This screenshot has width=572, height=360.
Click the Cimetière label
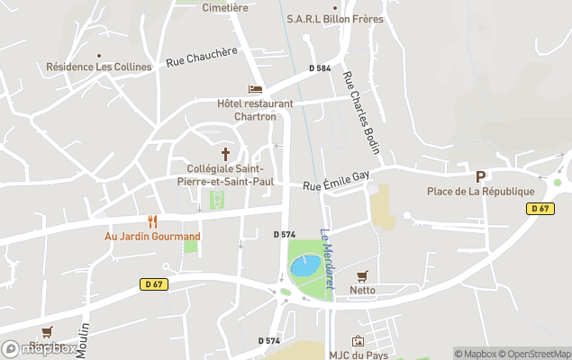point(226,7)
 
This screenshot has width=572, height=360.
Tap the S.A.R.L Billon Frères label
point(335,19)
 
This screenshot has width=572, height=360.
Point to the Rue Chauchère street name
point(201,57)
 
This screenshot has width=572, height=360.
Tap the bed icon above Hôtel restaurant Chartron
point(256,89)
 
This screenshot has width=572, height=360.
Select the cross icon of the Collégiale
point(225,154)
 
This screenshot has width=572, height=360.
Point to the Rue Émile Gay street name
point(337,180)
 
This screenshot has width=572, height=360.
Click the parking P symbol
point(481,176)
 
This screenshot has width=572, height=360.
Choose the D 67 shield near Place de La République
point(540,208)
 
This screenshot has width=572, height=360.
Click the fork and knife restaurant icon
point(152,221)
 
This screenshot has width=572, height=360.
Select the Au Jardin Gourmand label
point(152,237)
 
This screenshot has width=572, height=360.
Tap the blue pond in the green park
point(304,265)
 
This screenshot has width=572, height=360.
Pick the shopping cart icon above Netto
point(362,275)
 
